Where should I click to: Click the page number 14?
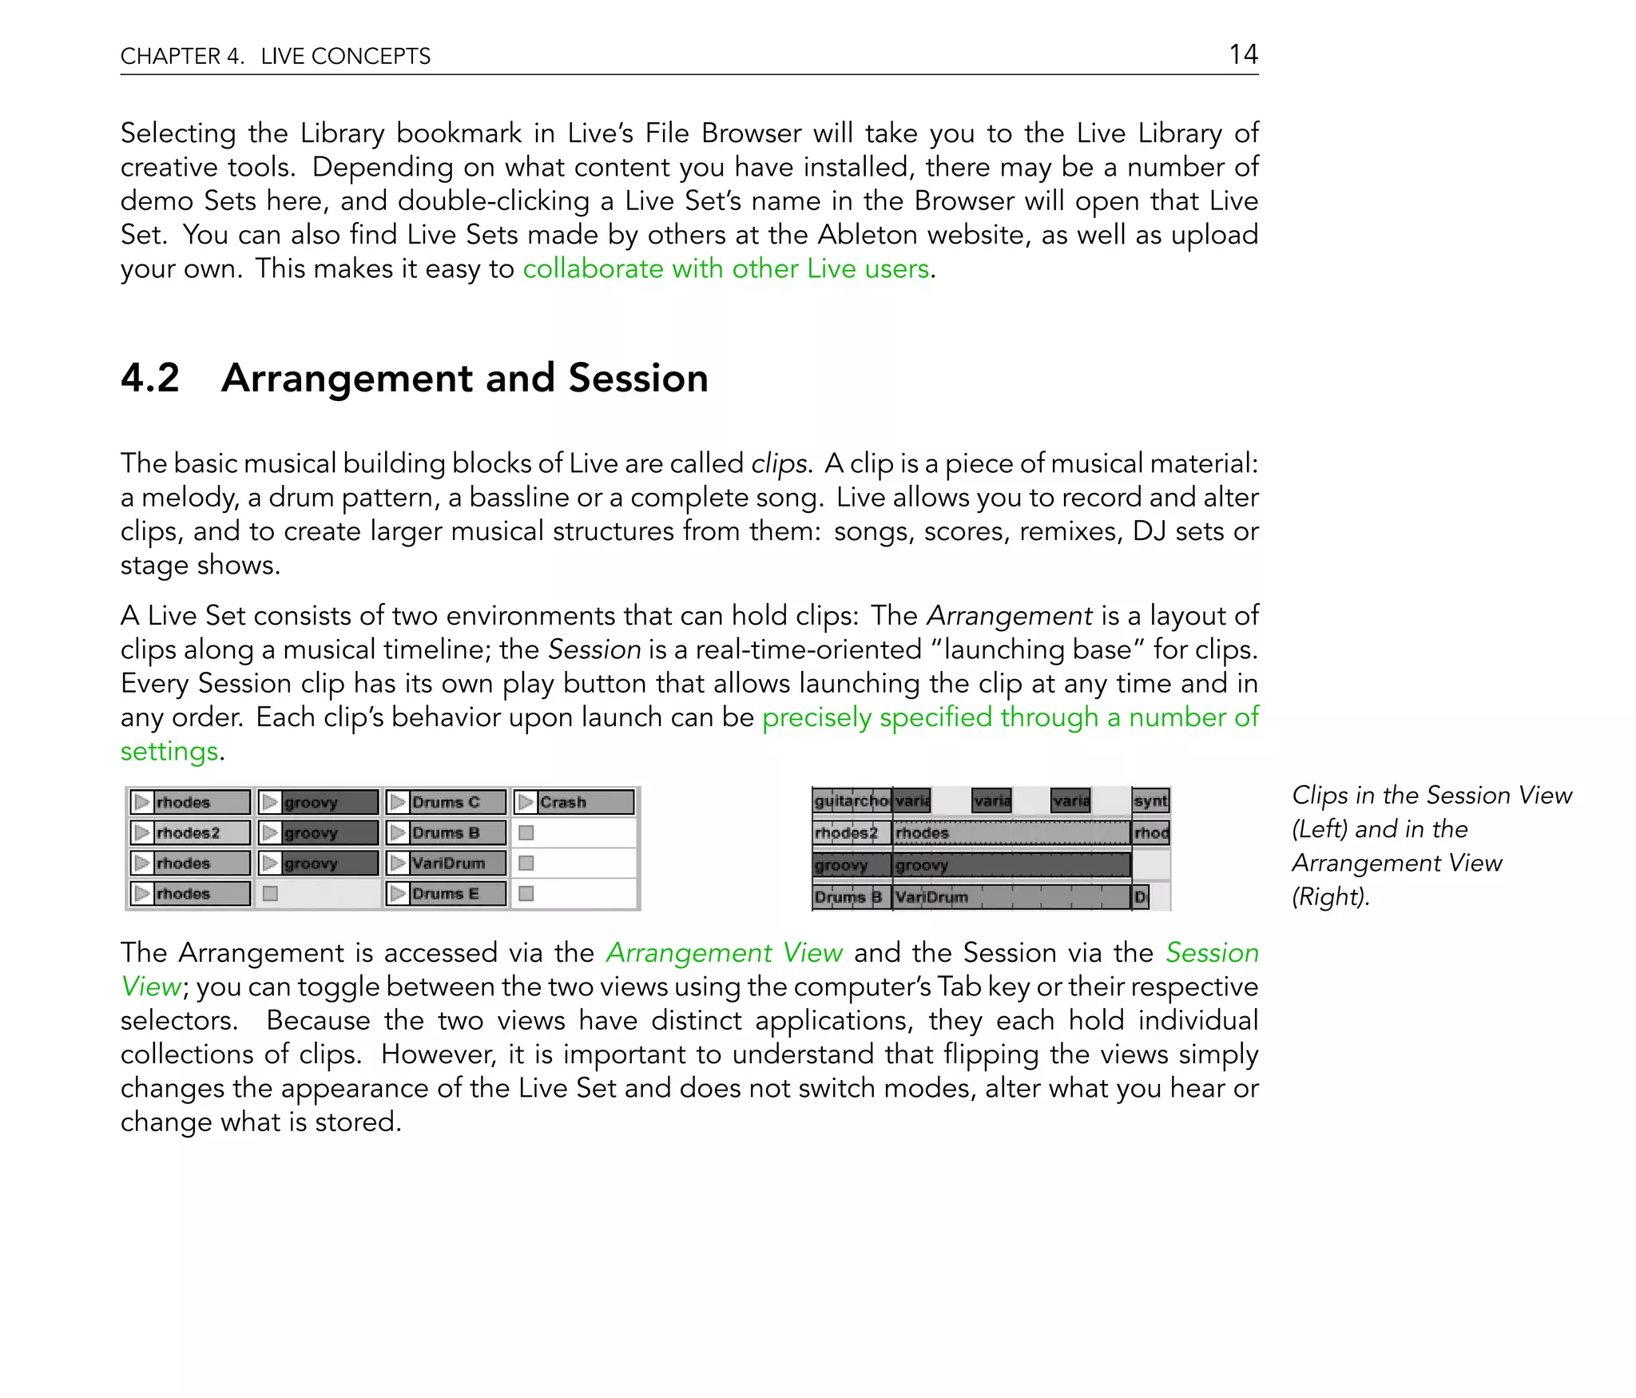coord(1243,54)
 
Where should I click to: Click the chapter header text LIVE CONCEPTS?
coord(345,56)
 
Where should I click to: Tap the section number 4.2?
coord(150,378)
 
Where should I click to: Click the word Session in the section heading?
coord(637,378)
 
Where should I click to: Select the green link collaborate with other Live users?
coord(725,268)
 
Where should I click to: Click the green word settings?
coord(169,752)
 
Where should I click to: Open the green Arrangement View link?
coord(724,953)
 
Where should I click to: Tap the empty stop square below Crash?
coord(526,833)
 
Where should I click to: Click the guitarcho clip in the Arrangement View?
coord(851,800)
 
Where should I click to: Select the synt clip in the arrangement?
coord(1150,800)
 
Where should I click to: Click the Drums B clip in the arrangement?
coord(849,897)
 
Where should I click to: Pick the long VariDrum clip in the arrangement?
coord(1011,897)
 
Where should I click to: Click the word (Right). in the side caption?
coord(1330,897)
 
